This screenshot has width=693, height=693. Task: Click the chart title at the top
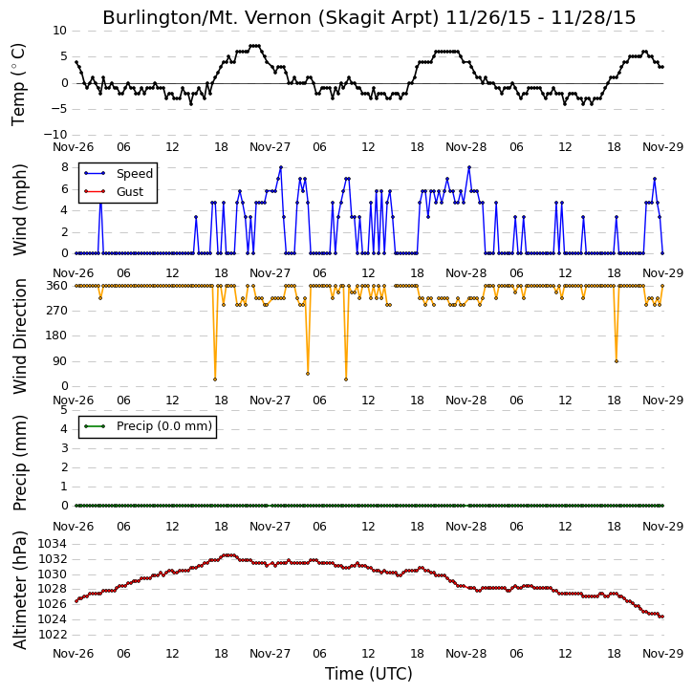369,17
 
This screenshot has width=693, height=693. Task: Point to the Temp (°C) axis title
18,84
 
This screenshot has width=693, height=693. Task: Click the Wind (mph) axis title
19,209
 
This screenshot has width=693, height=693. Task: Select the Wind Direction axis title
19,336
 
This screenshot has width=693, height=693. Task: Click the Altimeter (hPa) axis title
19,590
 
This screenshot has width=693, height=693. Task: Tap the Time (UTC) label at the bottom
369,674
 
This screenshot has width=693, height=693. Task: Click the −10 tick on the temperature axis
54,135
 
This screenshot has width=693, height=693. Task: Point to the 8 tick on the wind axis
65,167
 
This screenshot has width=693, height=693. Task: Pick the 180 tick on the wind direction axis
57,336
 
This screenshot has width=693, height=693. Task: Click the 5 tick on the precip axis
65,410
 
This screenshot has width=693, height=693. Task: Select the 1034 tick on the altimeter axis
53,544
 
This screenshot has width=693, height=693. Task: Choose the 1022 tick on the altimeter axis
53,635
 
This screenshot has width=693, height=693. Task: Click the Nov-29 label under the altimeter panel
662,653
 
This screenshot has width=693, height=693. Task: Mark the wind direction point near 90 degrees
617,361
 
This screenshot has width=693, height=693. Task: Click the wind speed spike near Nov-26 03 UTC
100,203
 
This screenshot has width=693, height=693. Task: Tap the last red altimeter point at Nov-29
662,617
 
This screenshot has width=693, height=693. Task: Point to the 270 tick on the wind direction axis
57,311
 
